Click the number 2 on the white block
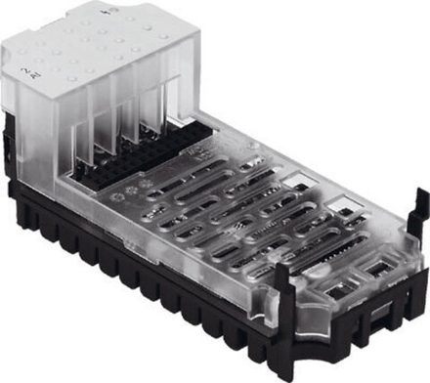pyautogui.click(x=23, y=66)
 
